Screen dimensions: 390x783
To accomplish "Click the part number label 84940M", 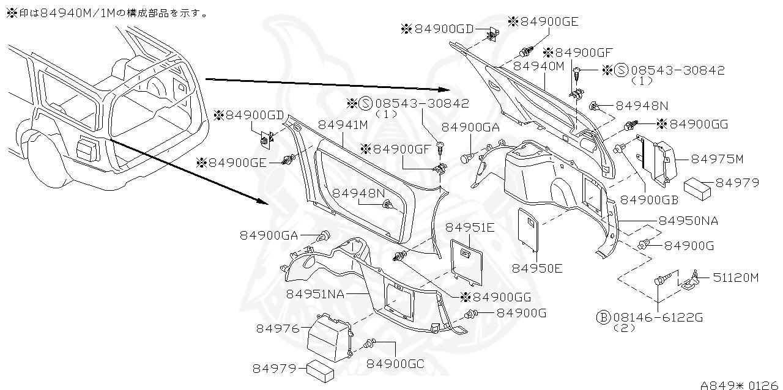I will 539,66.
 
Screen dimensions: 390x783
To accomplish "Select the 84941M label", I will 343,125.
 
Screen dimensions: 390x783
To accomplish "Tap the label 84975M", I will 717,160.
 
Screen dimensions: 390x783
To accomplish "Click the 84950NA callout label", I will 688,220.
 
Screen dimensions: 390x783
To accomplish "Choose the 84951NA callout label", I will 315,294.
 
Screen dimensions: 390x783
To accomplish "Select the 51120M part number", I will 737,278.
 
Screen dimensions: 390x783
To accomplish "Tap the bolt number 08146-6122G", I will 658,318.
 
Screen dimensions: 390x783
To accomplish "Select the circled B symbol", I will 603,318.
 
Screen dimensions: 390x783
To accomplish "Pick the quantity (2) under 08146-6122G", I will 624,328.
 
